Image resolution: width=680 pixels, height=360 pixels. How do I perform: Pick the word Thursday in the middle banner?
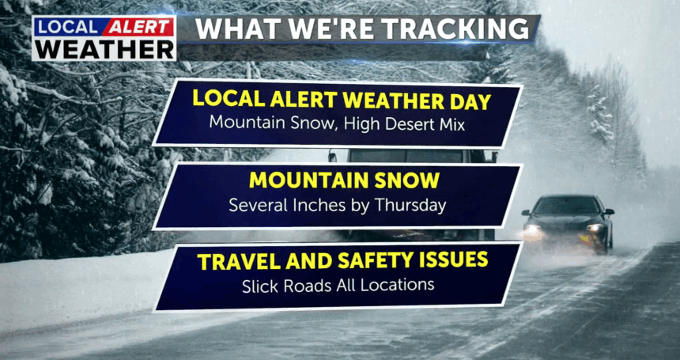(x=410, y=205)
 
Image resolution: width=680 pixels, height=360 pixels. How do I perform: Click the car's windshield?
(x=567, y=205)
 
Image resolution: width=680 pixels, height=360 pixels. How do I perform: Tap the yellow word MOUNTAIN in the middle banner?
(x=308, y=180)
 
